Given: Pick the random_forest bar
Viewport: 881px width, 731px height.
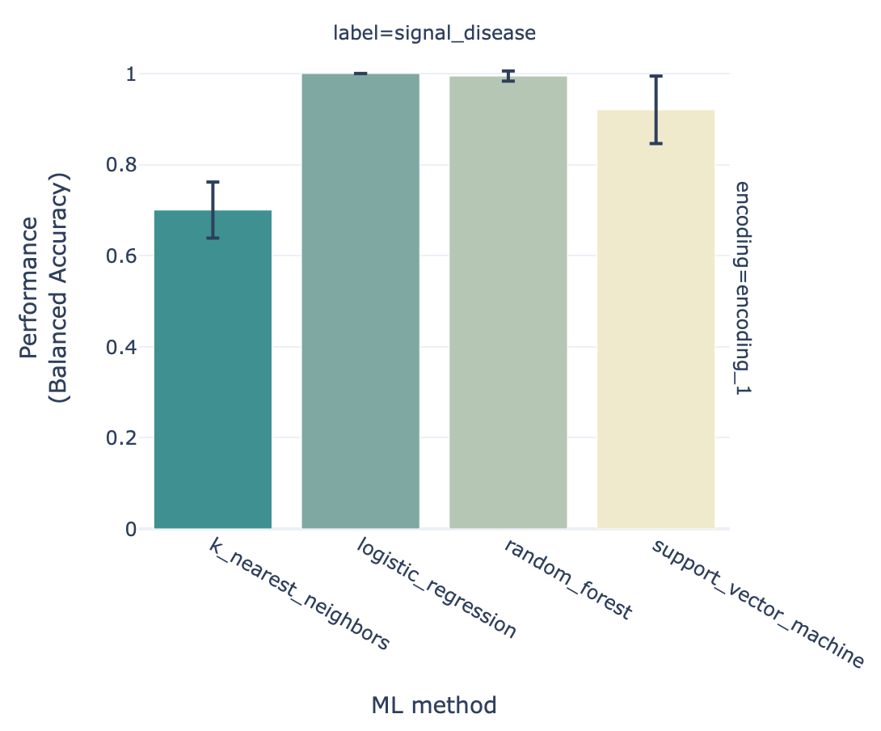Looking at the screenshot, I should click(x=508, y=302).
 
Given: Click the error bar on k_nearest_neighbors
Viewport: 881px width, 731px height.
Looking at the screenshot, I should click(x=213, y=209).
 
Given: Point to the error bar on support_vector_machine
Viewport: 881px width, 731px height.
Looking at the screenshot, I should click(x=655, y=109).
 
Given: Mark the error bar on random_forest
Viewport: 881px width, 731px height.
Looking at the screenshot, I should click(x=508, y=76).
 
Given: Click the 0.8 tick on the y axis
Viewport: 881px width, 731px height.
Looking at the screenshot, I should click(x=121, y=166).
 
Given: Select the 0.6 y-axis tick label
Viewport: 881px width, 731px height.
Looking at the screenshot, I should click(x=121, y=256).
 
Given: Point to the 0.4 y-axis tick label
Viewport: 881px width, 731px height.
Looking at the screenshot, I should click(x=121, y=348).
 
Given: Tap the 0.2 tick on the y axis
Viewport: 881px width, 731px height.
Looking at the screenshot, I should click(x=121, y=438).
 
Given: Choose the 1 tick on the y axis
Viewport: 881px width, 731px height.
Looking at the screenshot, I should click(x=131, y=74).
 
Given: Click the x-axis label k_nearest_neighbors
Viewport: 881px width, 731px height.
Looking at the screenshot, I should click(x=299, y=594).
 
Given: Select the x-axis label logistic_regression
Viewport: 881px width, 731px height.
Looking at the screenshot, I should click(x=436, y=588).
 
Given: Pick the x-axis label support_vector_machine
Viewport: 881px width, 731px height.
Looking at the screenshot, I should click(x=757, y=602).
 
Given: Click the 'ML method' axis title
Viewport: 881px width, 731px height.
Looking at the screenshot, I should click(x=434, y=705).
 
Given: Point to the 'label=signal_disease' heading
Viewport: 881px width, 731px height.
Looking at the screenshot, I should click(x=435, y=33).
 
